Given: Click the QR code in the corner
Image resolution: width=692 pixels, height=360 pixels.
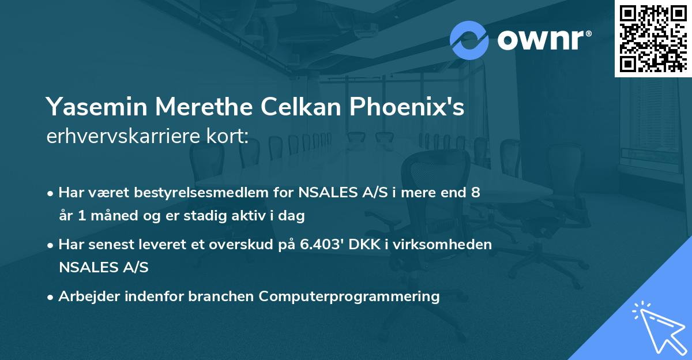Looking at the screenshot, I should click(653, 38).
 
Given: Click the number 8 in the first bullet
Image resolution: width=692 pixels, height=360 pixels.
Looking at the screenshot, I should click(475, 193).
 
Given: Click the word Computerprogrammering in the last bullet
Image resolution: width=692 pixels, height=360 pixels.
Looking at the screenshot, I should click(349, 297).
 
